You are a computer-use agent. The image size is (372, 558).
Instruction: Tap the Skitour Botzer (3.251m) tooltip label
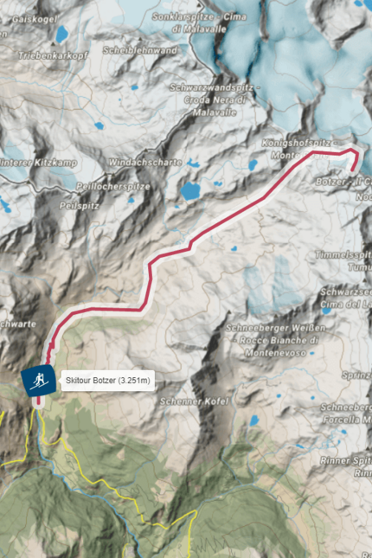(108, 381)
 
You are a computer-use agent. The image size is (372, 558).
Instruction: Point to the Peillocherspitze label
(113, 186)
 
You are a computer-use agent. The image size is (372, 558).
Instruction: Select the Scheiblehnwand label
(139, 50)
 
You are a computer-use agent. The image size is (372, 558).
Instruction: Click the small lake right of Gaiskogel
(62, 35)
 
